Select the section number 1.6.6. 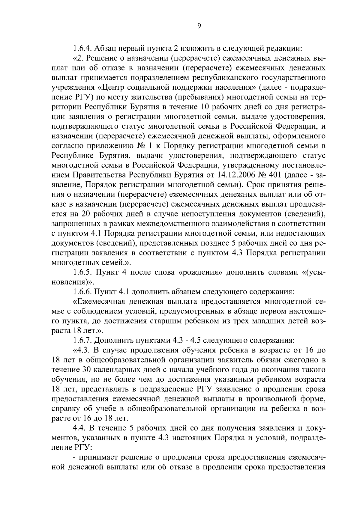point(82,291)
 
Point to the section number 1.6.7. point(82,341)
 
